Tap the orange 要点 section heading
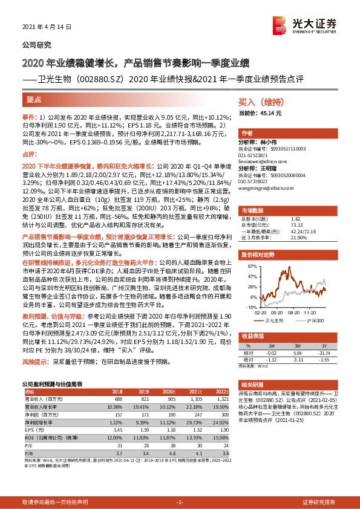pyautogui.click(x=34, y=99)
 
